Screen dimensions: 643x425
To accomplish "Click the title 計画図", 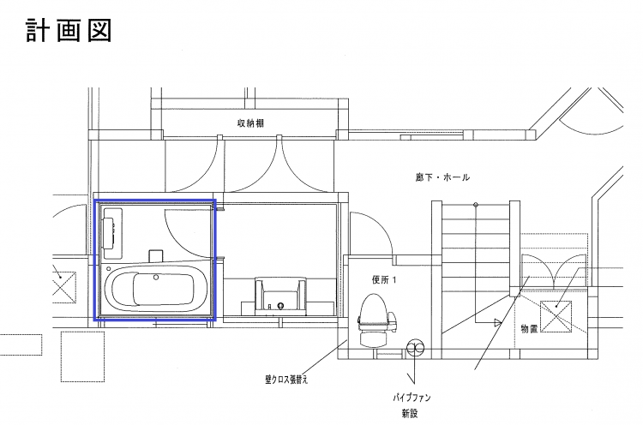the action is point(69,30).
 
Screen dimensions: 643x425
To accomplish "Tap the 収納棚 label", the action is point(250,123).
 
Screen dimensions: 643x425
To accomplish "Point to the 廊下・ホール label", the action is point(442,177).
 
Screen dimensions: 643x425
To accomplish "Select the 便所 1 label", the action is point(384,280).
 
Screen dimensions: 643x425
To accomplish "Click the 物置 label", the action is point(529,329).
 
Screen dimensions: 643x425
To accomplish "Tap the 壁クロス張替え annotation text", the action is point(286,380).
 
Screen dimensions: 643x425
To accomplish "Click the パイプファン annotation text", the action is point(412,397).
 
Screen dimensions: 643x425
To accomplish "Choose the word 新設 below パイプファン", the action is point(410,413).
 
